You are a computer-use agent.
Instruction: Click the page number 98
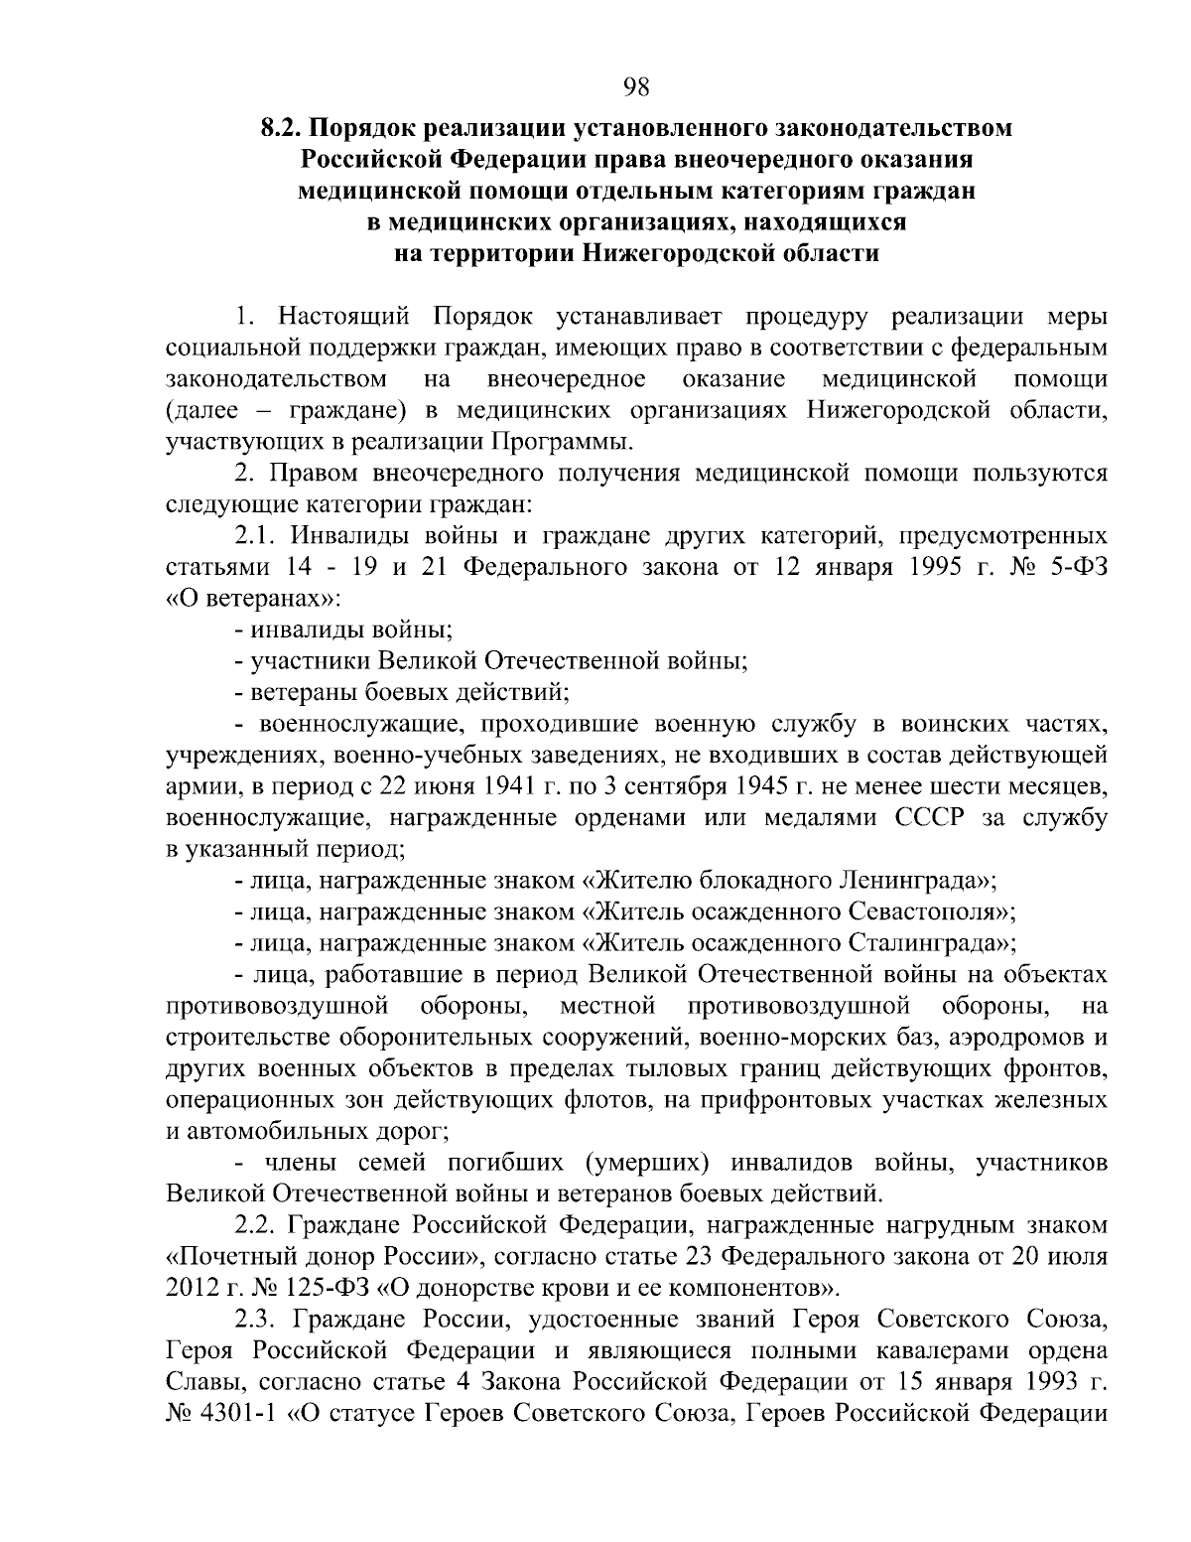(x=636, y=87)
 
